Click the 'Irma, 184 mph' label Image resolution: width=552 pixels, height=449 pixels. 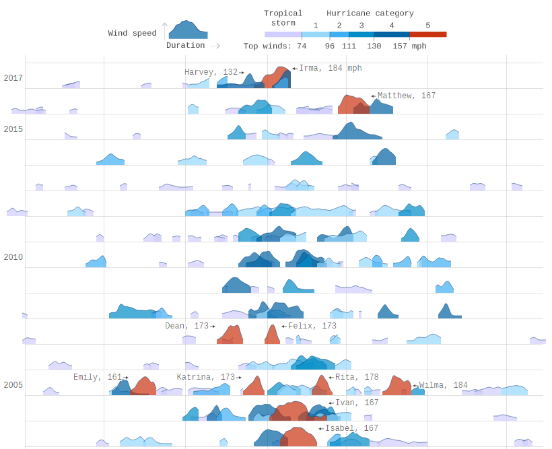point(330,68)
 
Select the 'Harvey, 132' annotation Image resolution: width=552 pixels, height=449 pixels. point(211,72)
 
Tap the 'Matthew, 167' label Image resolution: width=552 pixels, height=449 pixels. point(407,96)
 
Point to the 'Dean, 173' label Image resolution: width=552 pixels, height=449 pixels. point(187,326)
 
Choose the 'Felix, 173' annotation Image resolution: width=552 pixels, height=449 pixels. point(312,326)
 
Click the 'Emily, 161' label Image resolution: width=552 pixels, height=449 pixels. point(98,377)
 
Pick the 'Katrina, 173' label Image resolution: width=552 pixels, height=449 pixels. point(206,377)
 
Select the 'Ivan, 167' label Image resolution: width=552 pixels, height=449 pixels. point(357,403)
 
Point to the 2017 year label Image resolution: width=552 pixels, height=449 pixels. point(13,78)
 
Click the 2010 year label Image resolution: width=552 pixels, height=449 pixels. point(13,257)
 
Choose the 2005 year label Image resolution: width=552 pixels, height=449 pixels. point(13,385)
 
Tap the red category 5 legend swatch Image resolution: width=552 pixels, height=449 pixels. point(427,34)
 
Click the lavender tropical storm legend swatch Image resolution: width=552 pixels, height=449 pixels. point(283,34)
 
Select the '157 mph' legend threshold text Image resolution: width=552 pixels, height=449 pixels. point(409,46)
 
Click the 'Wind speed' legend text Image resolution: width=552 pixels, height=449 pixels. point(132,33)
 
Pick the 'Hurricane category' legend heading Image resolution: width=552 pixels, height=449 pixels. point(370,13)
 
